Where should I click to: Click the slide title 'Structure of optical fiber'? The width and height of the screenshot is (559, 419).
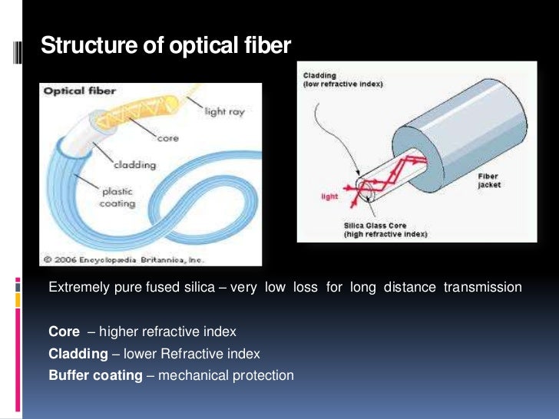pos(166,46)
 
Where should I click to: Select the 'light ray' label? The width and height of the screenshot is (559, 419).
pos(224,112)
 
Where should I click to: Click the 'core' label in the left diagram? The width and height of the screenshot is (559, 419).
pos(167,140)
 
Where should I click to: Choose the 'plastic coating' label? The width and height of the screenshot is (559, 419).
pos(117,198)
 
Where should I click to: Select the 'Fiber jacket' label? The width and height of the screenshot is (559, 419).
pos(488,180)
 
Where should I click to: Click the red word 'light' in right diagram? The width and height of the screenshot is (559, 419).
pos(329,196)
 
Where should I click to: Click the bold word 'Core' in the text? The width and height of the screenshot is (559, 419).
pos(64,332)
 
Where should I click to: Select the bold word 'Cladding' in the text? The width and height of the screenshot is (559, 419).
pos(78,354)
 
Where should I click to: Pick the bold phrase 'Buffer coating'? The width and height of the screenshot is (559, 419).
pos(95,375)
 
